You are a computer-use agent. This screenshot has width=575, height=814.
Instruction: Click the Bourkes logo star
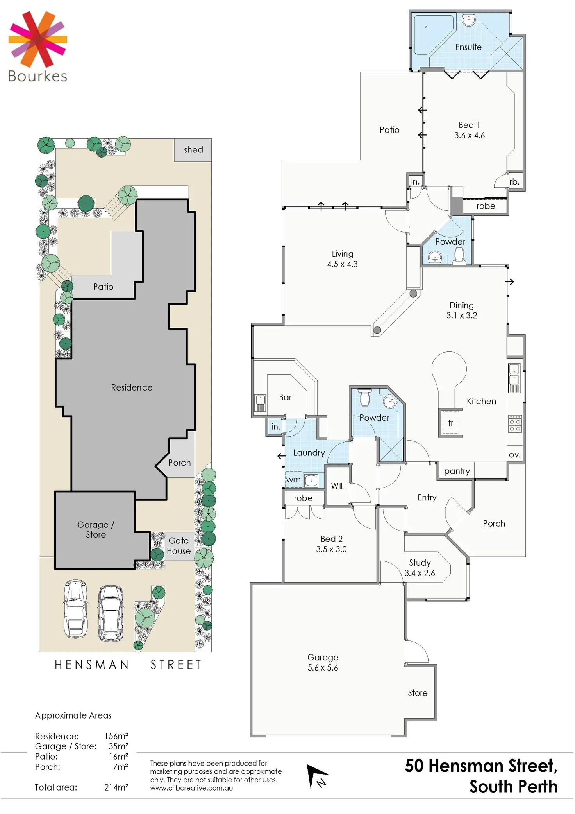37,39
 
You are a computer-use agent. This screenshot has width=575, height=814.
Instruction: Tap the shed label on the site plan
193,150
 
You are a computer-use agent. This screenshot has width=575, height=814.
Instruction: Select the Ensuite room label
468,47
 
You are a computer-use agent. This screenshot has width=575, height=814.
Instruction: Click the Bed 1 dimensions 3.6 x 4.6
469,136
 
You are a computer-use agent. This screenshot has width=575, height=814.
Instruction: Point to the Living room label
343,254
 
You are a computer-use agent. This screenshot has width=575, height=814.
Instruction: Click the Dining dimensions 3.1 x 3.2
461,316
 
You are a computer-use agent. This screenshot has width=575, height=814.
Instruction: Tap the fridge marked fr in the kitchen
450,423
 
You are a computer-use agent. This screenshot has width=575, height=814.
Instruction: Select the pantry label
457,471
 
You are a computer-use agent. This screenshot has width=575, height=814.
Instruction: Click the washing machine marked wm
293,480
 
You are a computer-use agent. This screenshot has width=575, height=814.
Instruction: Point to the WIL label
337,486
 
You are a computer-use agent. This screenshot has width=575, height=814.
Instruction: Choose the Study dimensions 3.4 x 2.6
420,573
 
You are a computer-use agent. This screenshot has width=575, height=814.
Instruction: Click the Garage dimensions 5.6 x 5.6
323,668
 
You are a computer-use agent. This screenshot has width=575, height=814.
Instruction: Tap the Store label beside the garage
418,693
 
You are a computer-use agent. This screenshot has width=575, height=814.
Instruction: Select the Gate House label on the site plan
179,546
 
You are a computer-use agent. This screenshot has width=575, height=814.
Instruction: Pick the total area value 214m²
116,787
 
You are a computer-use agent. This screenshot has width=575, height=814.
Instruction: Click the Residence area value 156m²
116,736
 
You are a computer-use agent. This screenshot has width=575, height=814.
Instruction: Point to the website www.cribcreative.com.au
191,788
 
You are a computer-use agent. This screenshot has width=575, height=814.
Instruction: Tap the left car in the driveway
76,608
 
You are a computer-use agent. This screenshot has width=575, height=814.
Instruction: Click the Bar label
285,397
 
